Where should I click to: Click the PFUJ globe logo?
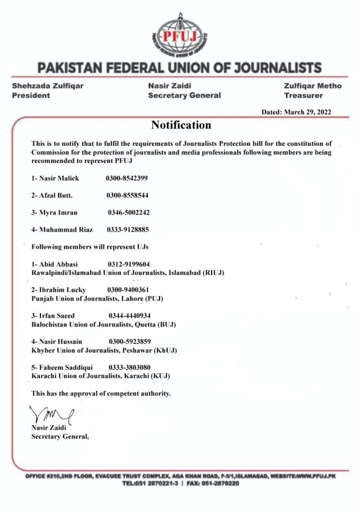[180, 34]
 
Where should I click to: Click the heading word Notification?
[181, 125]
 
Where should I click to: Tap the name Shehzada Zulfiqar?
[48, 86]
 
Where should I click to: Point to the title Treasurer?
[300, 95]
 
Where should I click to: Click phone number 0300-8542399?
[127, 178]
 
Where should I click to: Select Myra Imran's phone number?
[128, 212]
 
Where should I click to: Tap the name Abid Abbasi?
[55, 264]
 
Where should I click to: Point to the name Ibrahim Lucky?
[58, 290]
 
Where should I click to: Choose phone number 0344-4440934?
[132, 315]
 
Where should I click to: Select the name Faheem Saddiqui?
[62, 368]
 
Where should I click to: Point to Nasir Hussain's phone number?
[131, 341]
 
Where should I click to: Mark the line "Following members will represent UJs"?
[92, 246]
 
